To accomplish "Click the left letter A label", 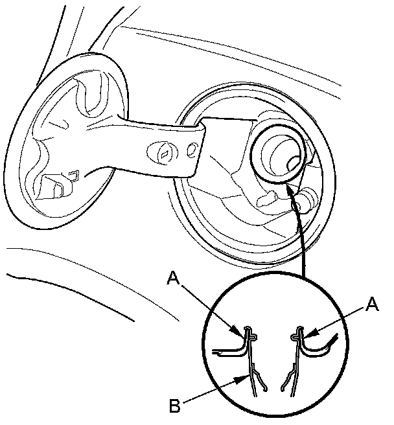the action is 173,278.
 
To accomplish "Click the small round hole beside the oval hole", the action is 192,151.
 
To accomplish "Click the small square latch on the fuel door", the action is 73,173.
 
